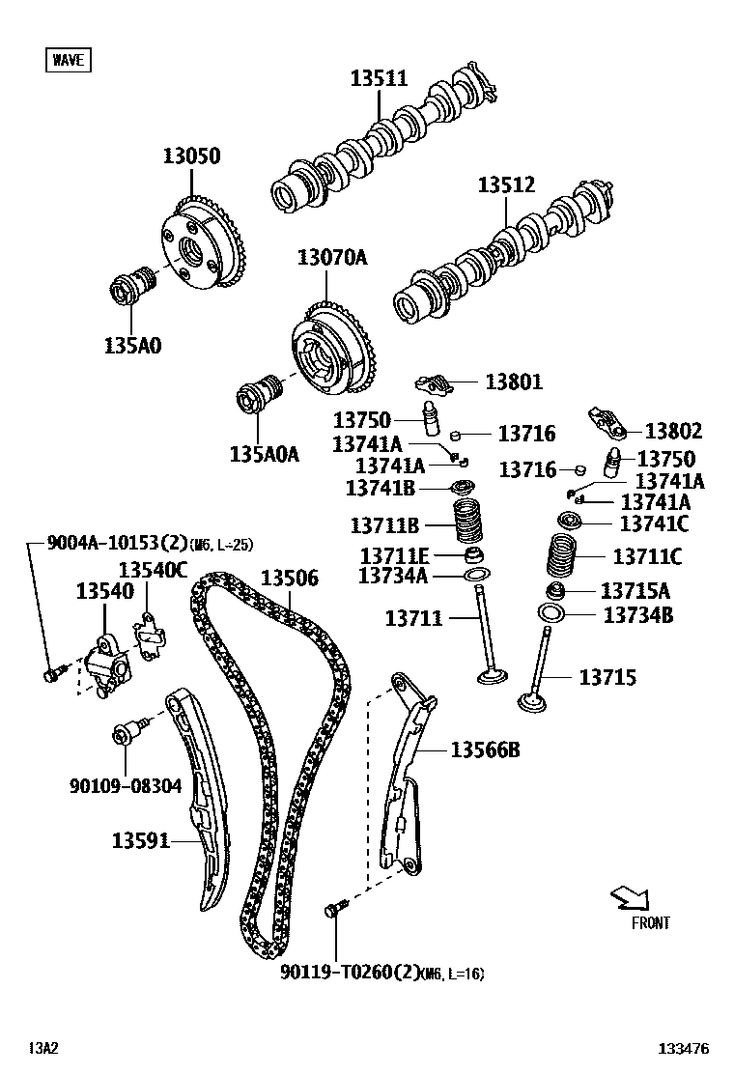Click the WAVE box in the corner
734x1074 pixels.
[x=68, y=60]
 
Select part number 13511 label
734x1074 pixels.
[x=379, y=79]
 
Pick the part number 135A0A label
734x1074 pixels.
[x=264, y=452]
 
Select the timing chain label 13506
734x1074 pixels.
[x=289, y=578]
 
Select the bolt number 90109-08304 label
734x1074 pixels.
[x=126, y=786]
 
